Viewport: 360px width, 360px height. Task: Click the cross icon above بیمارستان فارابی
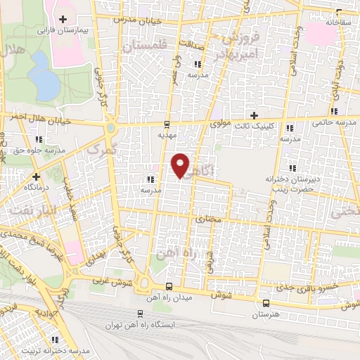pos(64,19)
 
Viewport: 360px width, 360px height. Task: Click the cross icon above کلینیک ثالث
pos(255,115)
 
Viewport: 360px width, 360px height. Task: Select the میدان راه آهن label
pos(169,298)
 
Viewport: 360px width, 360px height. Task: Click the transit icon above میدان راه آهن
pos(169,286)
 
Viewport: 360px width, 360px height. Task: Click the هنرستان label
pos(265,314)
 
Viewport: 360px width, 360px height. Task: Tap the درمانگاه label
pos(35,188)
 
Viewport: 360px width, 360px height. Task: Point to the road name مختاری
pos(207,219)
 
